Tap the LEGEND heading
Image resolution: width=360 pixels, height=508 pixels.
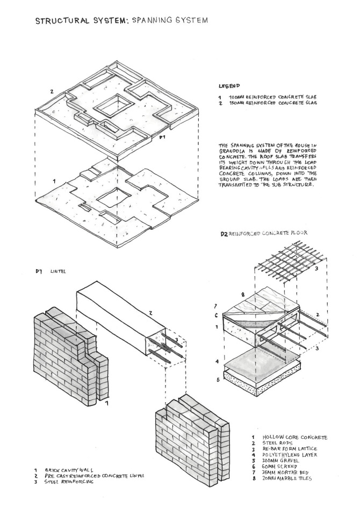click(x=229, y=85)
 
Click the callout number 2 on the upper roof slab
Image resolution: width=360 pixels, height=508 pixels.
click(x=52, y=91)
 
